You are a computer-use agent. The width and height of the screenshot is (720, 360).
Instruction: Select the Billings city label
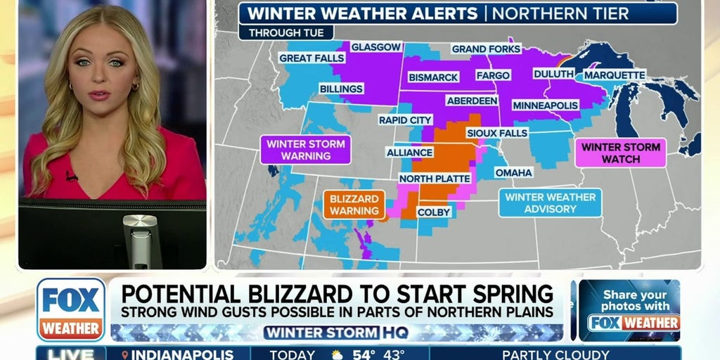341,89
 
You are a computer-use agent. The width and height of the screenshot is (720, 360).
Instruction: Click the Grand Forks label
486,49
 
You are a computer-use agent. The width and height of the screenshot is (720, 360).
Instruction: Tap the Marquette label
614,75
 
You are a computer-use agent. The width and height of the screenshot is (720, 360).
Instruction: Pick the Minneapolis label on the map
545,105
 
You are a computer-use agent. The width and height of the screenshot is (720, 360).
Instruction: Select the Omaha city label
513,172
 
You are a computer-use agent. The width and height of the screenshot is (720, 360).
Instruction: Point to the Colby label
433,212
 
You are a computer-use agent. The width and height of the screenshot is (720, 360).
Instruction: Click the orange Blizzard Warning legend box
354,204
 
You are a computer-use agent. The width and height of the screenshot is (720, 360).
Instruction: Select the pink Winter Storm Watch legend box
620,153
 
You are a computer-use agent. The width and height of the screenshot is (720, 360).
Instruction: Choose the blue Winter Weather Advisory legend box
550,203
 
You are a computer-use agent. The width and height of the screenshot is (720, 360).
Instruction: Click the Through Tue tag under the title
285,32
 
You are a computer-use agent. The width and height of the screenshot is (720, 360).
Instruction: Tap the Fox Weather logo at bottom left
71,309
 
